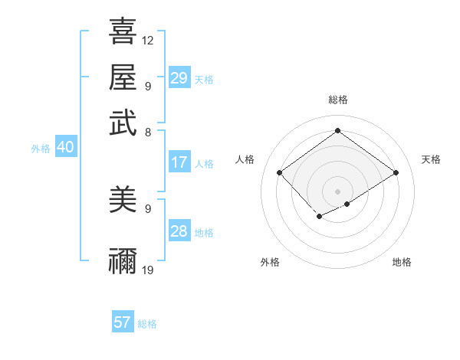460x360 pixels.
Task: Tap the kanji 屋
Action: tap(123, 77)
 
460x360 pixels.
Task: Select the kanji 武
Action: tap(123, 123)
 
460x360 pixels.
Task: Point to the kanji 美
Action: tap(123, 200)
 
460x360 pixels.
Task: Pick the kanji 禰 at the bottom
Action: tap(123, 261)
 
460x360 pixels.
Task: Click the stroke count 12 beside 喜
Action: tap(148, 40)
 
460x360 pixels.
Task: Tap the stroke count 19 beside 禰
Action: tap(148, 270)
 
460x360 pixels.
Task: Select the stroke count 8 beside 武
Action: tap(147, 132)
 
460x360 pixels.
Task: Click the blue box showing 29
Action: tap(179, 77)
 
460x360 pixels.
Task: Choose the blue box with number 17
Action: tap(179, 162)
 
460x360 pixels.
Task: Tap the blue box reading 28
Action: tap(179, 231)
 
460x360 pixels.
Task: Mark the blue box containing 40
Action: tap(65, 148)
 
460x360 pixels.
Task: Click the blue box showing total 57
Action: tap(123, 322)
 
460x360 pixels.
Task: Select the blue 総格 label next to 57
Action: tap(147, 324)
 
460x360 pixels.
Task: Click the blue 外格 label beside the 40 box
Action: tap(41, 149)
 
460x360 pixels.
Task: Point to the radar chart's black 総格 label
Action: tap(337, 100)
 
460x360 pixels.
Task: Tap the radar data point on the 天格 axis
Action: tap(396, 172)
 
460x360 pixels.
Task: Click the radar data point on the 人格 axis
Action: tap(280, 172)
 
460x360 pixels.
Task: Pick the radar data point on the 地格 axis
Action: tap(347, 204)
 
